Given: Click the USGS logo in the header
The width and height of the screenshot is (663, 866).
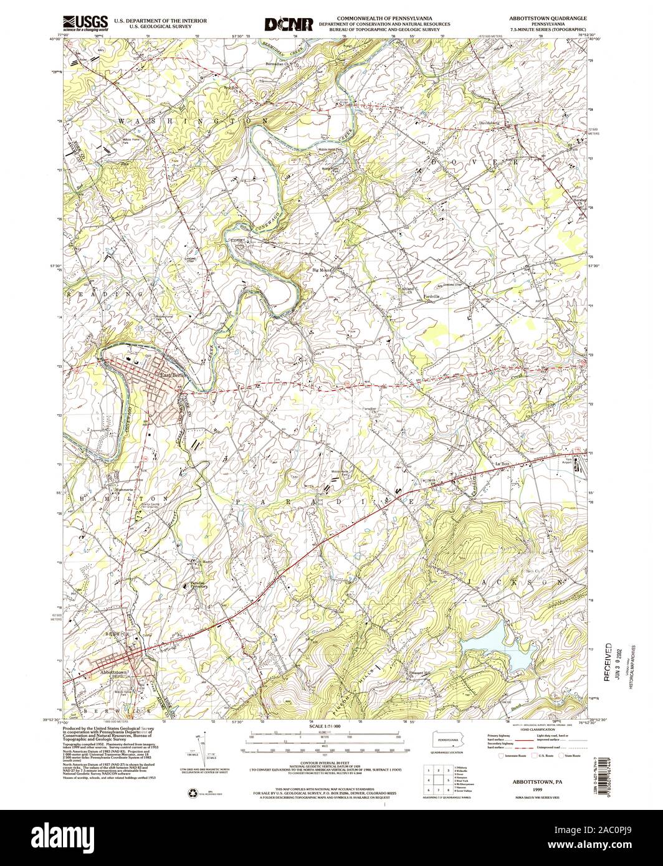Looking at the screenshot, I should coord(85,23).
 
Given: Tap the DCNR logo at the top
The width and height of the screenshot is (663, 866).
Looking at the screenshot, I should coord(288,24).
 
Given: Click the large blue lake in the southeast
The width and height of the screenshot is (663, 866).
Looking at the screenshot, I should coord(498,654).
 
